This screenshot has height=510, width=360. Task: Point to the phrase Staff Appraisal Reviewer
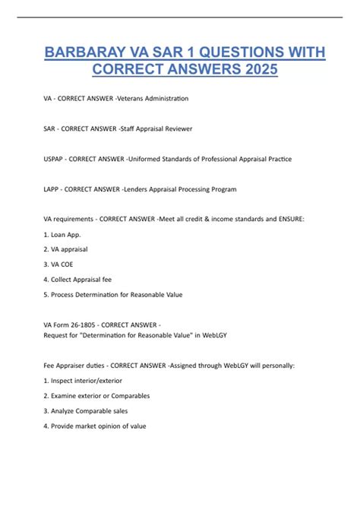point(156,128)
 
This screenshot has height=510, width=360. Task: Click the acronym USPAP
point(55,159)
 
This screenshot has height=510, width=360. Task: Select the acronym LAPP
point(52,189)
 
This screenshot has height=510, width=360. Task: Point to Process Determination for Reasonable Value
point(115,293)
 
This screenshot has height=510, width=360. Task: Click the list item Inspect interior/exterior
point(86,380)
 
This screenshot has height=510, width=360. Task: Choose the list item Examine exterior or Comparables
point(99,395)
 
